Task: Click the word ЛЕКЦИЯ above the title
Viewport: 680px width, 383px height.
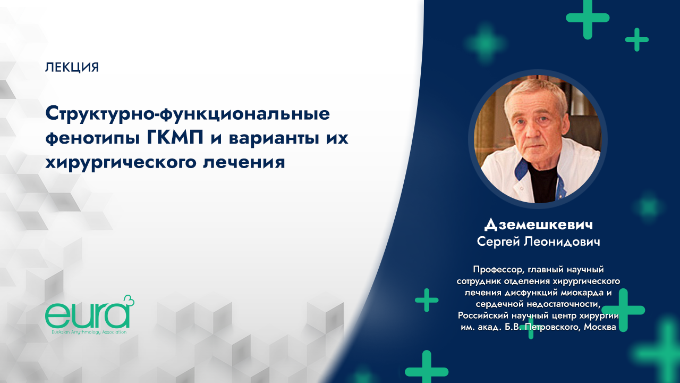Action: (72, 68)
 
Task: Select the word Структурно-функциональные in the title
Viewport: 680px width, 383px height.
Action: (188, 113)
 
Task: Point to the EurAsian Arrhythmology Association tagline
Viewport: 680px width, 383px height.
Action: (86, 331)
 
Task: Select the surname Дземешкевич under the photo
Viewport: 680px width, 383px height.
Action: (538, 224)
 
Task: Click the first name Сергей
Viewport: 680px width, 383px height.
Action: (499, 242)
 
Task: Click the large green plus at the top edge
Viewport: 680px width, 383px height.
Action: (587, 17)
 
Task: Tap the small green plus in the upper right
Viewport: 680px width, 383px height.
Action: (636, 39)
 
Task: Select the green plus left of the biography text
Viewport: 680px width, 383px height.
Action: (427, 300)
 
